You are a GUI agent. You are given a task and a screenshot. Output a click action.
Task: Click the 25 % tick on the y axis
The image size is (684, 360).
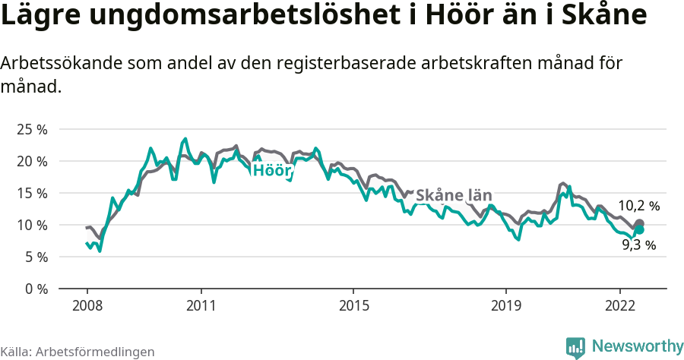pos(32,129)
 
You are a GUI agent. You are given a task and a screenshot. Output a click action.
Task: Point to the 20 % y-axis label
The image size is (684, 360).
pos(32,161)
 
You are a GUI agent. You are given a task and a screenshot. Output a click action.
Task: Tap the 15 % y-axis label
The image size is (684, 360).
pos(32,193)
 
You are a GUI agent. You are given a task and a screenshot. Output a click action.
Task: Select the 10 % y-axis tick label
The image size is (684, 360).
pos(32,225)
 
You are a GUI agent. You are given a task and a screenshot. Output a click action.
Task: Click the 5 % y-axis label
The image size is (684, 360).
pos(35,257)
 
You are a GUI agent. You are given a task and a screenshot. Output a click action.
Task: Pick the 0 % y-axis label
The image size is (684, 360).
pos(35,289)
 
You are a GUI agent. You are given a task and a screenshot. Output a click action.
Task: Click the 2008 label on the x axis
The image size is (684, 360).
pos(87,305)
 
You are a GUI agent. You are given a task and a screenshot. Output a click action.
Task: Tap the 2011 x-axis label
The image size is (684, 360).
pos(201,305)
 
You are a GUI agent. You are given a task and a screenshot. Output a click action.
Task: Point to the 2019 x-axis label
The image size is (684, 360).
pos(506,305)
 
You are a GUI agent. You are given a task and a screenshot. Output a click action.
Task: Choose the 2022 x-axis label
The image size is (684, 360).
pos(620,305)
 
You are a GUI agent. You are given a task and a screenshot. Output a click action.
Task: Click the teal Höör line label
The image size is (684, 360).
pos(272,170)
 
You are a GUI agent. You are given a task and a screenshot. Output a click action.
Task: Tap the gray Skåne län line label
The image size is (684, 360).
pos(454,195)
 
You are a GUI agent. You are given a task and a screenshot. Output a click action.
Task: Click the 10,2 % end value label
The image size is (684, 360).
pos(638,206)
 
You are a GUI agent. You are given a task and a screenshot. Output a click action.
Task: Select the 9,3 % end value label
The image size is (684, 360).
pos(638,245)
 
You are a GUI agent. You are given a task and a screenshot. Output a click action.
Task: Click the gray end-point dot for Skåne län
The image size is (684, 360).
pos(639,223)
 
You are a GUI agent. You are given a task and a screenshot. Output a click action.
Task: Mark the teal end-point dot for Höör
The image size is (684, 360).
pos(639,229)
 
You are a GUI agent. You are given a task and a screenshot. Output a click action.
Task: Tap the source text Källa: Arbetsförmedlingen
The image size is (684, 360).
pos(78,352)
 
